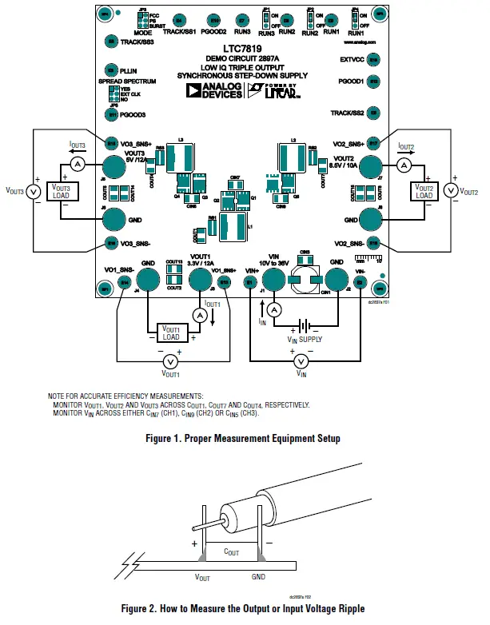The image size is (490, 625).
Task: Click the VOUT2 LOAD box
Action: point(423,191)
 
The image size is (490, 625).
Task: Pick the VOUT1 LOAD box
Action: point(170,328)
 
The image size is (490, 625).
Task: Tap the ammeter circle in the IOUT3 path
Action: point(78,163)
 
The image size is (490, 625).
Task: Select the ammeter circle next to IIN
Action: point(273,309)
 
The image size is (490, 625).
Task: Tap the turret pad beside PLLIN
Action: point(113,71)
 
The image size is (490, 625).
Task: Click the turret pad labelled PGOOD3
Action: point(113,115)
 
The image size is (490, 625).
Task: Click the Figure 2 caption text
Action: point(243,609)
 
